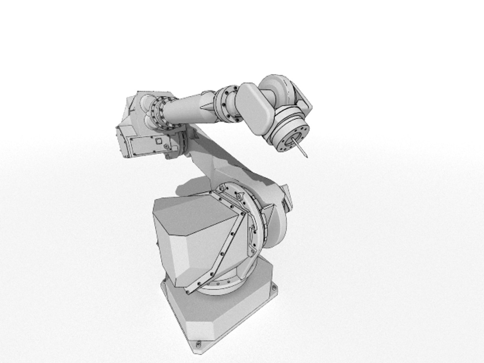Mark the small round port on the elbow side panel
(166, 147)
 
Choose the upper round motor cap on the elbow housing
(147, 100)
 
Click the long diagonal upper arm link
(229, 158)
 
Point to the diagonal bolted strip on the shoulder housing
(224, 245)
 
